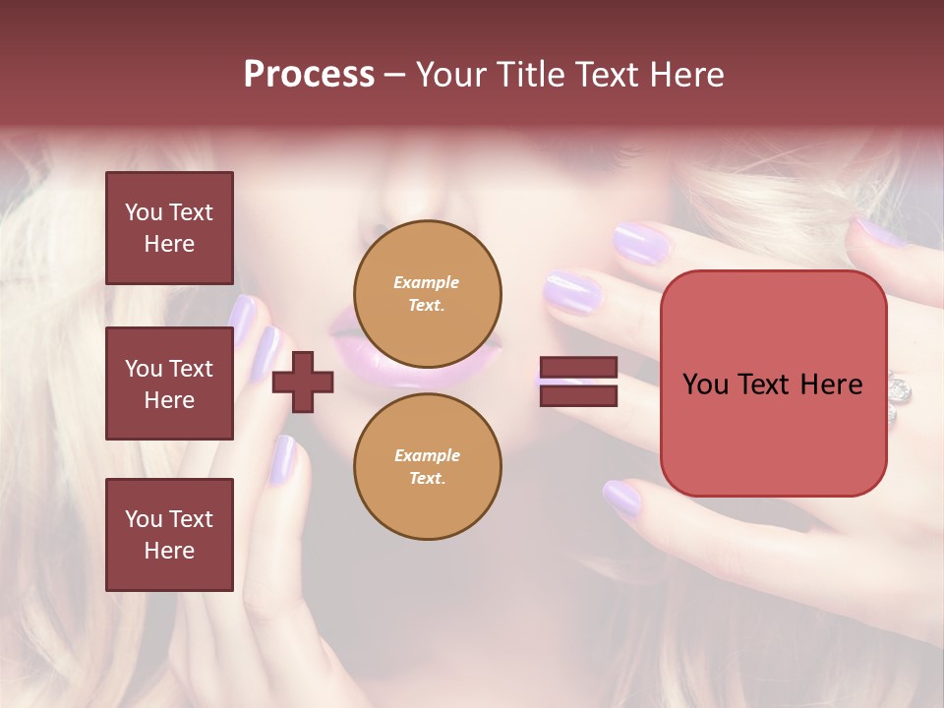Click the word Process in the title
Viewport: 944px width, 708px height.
(x=309, y=74)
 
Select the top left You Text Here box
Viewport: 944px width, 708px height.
(x=169, y=228)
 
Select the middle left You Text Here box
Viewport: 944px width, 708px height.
(x=169, y=383)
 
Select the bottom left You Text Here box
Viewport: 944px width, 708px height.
(x=169, y=534)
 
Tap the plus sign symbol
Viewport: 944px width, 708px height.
(x=303, y=382)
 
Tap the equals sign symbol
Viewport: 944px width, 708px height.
(x=578, y=383)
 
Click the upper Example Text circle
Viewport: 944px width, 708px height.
(x=427, y=293)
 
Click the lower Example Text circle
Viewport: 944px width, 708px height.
(x=427, y=466)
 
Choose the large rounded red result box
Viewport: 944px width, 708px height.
(x=773, y=383)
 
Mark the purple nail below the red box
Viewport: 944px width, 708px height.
(x=622, y=499)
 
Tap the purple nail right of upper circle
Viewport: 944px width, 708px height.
(x=571, y=293)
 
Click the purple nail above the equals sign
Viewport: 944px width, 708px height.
(x=640, y=241)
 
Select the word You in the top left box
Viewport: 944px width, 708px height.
(x=143, y=212)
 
